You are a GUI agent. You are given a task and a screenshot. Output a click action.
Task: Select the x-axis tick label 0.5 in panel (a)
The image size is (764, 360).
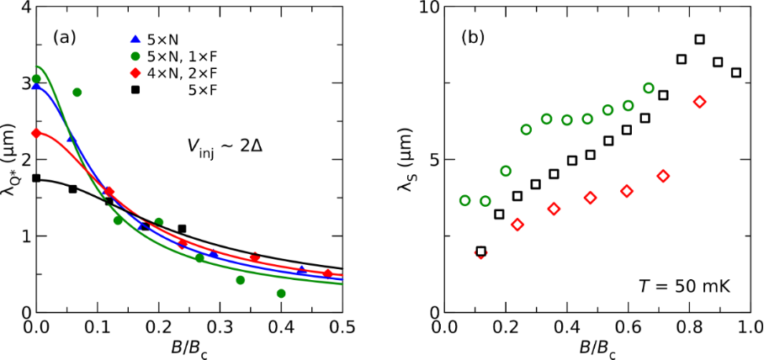coord(342,326)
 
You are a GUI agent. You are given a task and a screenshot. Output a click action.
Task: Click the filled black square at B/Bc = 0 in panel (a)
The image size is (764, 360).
coord(36,178)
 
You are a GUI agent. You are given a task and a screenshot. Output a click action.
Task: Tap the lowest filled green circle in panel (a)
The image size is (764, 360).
coord(281,294)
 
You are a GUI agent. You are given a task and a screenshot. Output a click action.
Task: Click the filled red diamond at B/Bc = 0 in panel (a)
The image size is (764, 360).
coord(36,133)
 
